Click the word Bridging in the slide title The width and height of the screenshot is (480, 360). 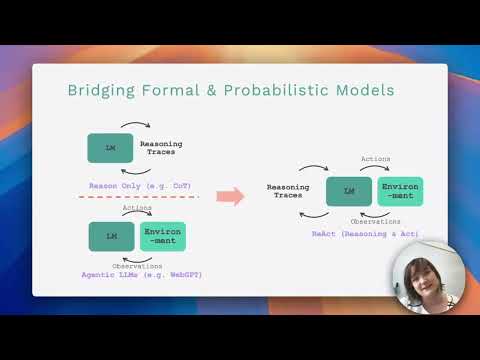point(103,91)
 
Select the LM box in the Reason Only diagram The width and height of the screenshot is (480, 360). point(111,148)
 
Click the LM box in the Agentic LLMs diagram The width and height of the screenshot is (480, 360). point(111,236)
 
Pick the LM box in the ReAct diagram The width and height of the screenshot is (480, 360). point(349,191)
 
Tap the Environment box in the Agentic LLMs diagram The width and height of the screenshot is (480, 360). point(162,236)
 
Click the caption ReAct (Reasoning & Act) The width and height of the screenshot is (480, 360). point(365,233)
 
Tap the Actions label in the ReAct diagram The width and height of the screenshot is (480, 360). point(376,159)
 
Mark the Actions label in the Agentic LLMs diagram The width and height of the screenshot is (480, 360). point(137,208)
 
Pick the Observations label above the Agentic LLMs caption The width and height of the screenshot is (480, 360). point(137,265)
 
